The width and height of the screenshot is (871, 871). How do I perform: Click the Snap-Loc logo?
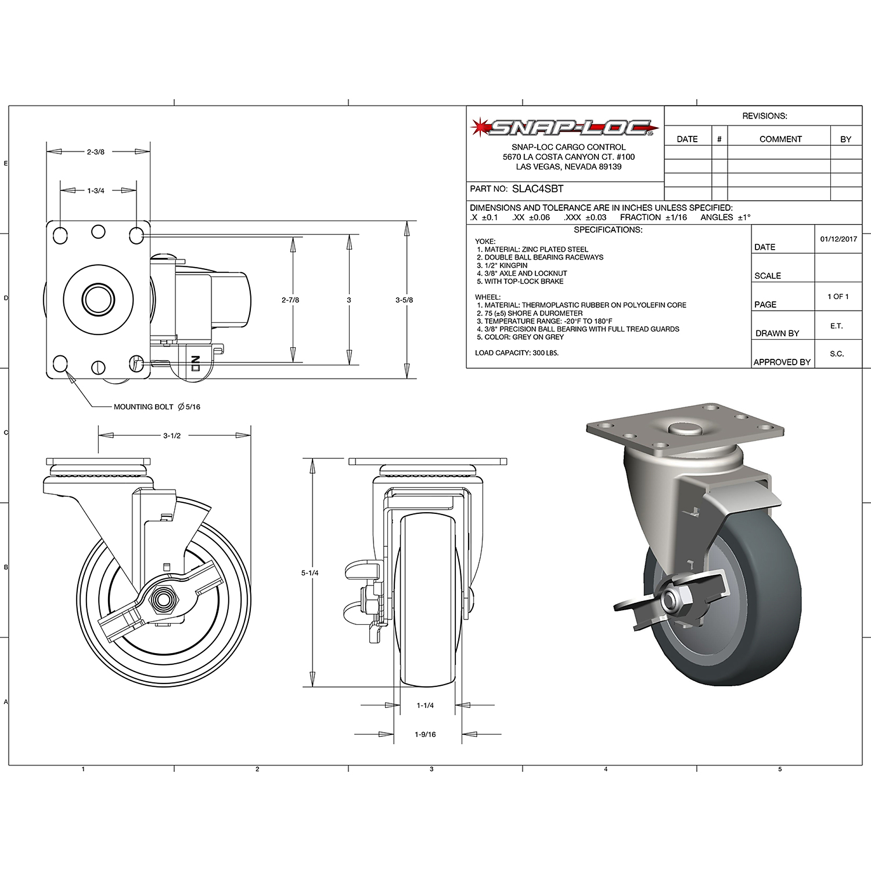[x=564, y=128]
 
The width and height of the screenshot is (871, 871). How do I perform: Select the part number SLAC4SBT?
[x=537, y=189]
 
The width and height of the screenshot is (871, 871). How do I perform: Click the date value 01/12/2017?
[x=838, y=239]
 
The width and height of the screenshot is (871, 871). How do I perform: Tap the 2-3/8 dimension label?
[x=95, y=152]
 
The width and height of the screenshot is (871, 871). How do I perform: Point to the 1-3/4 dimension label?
[x=95, y=191]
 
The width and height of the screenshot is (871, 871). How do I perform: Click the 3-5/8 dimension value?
[x=404, y=300]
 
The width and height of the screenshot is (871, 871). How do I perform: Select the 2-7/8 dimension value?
[x=290, y=300]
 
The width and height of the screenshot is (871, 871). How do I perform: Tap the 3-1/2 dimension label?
[x=172, y=435]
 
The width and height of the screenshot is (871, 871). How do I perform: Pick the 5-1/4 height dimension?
[x=310, y=573]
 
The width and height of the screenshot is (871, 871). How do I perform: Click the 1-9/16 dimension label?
[x=425, y=734]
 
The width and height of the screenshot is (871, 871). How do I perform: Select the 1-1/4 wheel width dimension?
[x=425, y=705]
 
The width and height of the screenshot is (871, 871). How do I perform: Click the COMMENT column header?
[x=780, y=139]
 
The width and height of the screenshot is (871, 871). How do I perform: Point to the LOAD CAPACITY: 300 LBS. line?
[x=517, y=353]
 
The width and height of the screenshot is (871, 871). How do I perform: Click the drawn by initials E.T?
[x=836, y=326]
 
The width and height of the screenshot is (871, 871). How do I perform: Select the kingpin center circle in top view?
[x=98, y=299]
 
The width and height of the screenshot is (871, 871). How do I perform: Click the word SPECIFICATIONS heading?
[x=608, y=230]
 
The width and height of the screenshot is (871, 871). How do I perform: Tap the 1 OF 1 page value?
[x=837, y=297]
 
